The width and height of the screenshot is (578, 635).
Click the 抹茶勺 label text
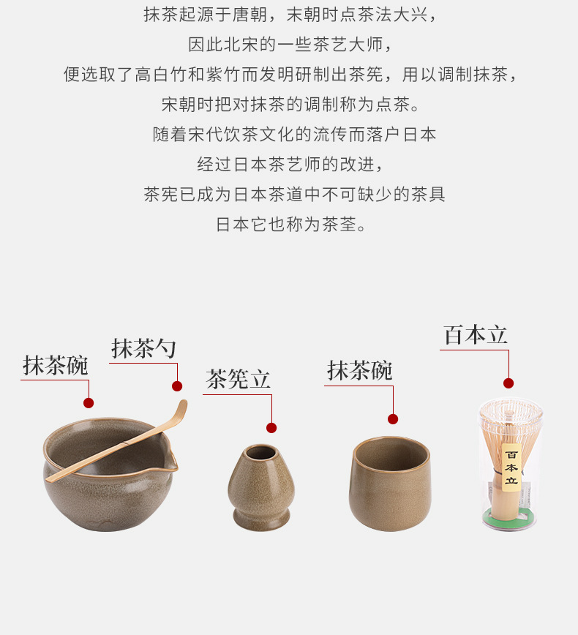point(143,348)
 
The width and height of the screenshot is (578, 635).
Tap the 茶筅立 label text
point(238,380)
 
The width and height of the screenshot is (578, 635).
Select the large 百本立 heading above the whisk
point(475,335)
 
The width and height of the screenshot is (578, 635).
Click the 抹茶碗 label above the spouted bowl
point(55,365)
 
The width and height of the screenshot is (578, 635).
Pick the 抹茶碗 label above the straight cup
point(360,371)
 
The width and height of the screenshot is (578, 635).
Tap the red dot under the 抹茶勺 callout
point(177,386)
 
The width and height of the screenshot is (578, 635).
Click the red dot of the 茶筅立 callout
point(271,428)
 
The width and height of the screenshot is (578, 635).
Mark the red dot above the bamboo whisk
point(508,383)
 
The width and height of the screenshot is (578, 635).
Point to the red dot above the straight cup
point(392,419)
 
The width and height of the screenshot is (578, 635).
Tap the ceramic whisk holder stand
point(261,487)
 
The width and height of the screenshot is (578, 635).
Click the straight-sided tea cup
point(390,484)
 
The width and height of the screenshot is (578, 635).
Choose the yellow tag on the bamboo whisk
point(511,467)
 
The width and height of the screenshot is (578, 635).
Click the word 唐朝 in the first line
point(249,15)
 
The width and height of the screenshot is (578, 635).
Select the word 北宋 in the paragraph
point(241,45)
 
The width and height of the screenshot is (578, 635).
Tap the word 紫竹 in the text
point(222,75)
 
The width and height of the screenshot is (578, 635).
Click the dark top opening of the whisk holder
point(261,452)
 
